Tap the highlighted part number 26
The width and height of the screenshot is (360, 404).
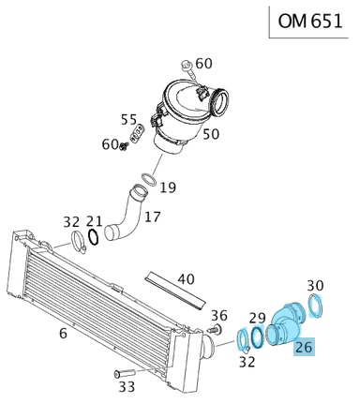(303, 347)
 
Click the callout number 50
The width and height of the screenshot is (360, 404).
(211, 134)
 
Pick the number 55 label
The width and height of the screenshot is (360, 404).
(128, 119)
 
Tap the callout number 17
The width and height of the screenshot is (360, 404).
(152, 217)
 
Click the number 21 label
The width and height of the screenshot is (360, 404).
(95, 221)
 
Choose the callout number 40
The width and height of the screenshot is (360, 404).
(186, 278)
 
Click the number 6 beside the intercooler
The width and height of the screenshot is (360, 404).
(63, 333)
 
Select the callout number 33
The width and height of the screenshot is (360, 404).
(127, 386)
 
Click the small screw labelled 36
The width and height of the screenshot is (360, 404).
(215, 330)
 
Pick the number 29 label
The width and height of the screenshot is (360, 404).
(258, 320)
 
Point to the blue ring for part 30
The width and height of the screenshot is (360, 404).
(317, 306)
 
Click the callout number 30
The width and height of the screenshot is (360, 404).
(316, 285)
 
